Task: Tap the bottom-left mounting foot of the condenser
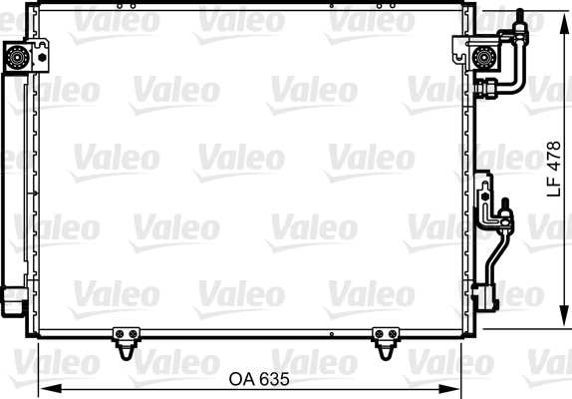pyautogui.click(x=126, y=342)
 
